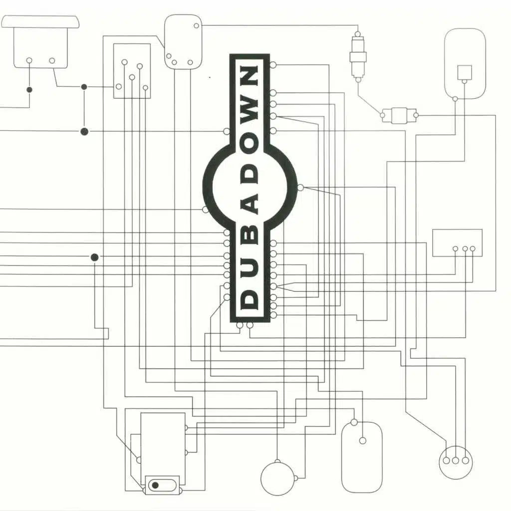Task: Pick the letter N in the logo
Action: coord(250,76)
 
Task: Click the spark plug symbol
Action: coord(358,57)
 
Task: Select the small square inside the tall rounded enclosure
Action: coord(465,72)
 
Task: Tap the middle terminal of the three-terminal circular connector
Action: coord(456,461)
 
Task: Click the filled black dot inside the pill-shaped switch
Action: coord(155,485)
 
